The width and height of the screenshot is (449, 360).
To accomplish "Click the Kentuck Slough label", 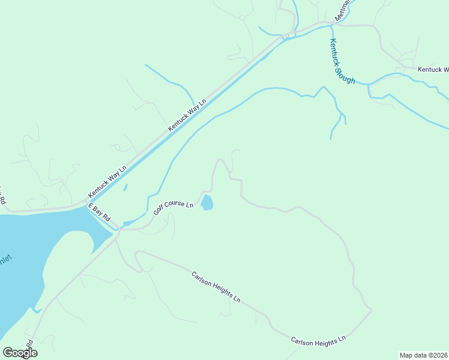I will click(342, 61).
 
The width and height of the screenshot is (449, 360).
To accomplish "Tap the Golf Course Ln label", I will click(173, 207).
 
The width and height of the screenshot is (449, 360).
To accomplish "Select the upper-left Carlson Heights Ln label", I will click(216, 287).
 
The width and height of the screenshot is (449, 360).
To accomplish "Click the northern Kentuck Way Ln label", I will click(187, 114).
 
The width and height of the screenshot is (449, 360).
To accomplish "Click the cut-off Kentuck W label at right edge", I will click(433, 70).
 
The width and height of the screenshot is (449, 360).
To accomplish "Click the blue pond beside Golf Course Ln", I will click(206, 203).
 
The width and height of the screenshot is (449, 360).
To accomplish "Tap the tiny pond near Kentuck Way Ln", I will click(125, 187).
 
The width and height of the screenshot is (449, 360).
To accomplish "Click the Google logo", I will click(20, 353).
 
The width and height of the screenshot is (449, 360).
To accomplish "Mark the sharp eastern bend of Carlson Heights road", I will click(371, 310).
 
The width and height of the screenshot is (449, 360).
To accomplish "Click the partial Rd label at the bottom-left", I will click(28, 347).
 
